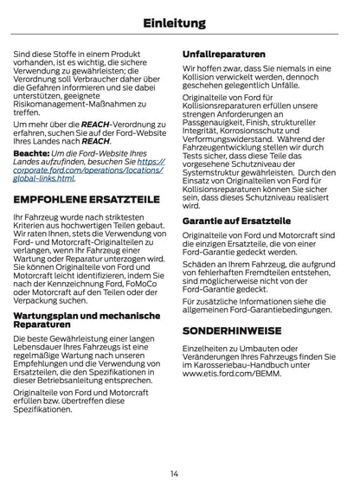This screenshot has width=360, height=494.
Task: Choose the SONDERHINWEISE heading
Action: (x=233, y=330)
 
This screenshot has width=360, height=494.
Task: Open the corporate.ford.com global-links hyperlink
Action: (x=87, y=170)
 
